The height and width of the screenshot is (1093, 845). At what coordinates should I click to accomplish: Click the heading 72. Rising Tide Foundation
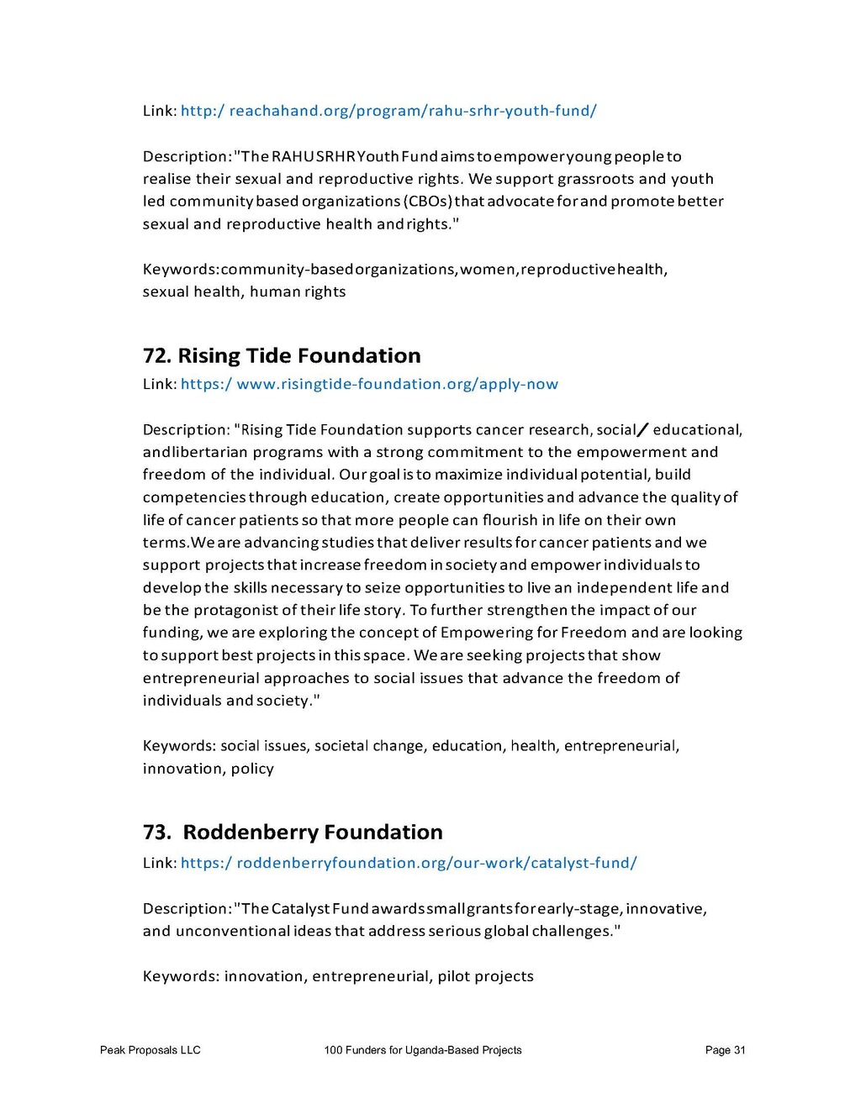(x=282, y=356)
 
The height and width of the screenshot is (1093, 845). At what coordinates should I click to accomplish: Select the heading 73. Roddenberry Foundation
(x=293, y=833)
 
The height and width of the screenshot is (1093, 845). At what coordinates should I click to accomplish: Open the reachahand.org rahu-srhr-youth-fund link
(x=388, y=111)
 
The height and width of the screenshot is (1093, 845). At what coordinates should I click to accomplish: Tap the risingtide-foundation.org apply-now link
(x=369, y=384)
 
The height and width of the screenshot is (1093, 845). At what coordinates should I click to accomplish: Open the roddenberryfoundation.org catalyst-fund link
(x=409, y=863)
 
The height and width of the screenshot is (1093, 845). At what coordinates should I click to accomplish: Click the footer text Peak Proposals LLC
(x=150, y=1050)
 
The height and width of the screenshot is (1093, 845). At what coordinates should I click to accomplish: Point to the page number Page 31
(x=725, y=1050)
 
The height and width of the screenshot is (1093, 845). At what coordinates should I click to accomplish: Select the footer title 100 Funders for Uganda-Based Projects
(x=422, y=1050)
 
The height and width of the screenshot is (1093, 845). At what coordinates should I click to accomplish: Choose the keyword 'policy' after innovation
(x=252, y=769)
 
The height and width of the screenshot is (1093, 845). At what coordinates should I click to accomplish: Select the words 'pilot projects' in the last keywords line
(x=485, y=976)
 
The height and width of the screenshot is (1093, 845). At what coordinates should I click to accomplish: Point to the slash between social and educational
(x=643, y=430)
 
